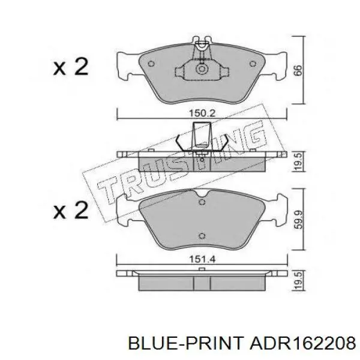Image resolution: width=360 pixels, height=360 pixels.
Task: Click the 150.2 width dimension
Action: point(202,112)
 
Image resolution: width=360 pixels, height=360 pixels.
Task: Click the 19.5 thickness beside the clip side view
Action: point(298,161)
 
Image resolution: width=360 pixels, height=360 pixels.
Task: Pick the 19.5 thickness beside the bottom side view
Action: point(298,280)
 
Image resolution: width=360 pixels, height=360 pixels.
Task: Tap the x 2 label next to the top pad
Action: point(71,67)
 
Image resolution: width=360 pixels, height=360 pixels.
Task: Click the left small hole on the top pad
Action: point(152,64)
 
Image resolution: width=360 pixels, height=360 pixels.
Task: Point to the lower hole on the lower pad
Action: point(202,235)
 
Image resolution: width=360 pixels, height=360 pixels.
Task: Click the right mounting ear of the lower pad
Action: point(278,209)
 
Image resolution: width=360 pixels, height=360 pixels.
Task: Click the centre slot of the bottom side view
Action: point(202,281)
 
